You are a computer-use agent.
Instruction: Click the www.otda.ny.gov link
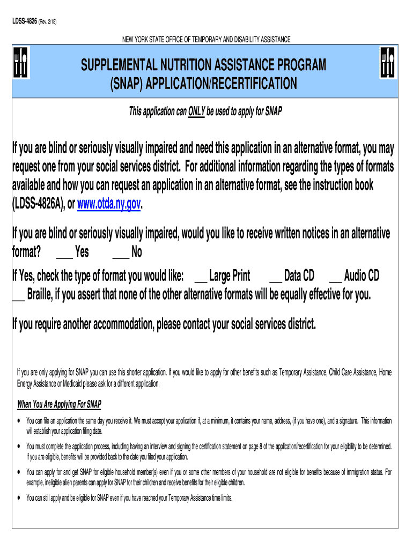pos(110,204)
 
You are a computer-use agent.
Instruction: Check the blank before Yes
pos(64,253)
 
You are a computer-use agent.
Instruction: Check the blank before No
pos(121,253)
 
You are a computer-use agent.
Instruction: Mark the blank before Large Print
pos(201,277)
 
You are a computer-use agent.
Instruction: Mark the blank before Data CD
pos(275,277)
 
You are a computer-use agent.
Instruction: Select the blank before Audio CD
pos(335,277)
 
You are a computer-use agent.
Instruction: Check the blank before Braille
pos(18,296)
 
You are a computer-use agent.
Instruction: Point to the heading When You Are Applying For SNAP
pos(60,404)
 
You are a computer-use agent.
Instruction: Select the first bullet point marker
pos(20,421)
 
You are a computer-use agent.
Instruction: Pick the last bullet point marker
pos(20,498)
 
